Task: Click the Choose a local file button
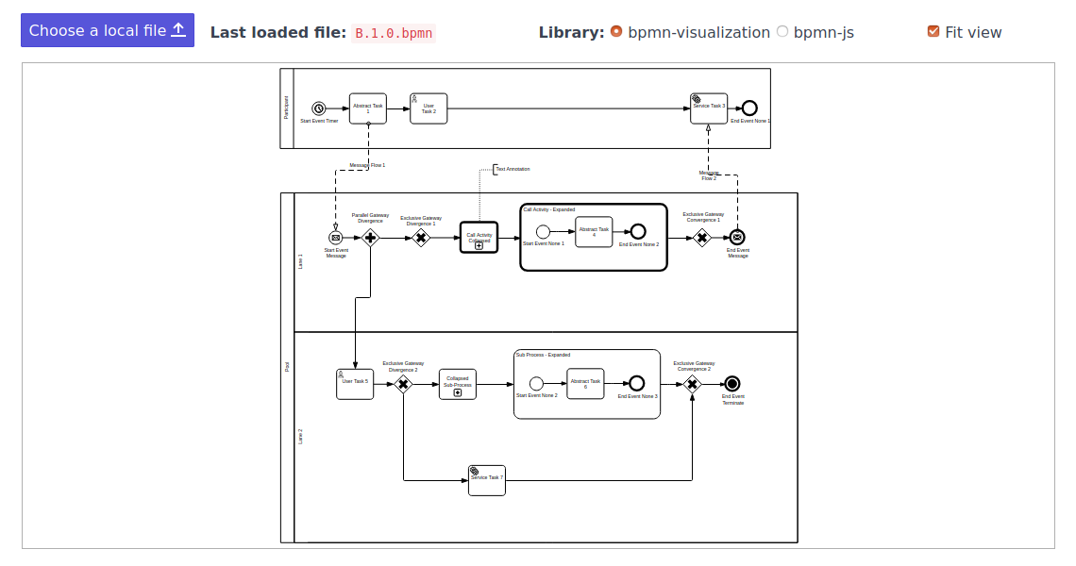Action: point(108,30)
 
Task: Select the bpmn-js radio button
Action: point(782,31)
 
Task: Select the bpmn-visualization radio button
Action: point(616,31)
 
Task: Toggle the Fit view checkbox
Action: point(933,31)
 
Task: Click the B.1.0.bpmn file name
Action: point(394,33)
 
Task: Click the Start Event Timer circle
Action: point(319,108)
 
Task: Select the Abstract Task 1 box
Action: point(368,108)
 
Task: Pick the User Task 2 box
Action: point(429,108)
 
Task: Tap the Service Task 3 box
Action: point(709,108)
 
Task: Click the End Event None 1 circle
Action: point(749,108)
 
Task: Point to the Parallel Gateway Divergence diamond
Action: point(370,238)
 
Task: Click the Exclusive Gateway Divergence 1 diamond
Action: point(421,238)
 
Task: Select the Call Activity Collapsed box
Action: point(479,238)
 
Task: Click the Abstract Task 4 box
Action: point(594,231)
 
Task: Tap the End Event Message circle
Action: point(738,238)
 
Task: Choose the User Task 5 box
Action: point(355,383)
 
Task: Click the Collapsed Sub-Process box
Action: point(458,383)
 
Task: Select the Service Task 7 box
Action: point(487,479)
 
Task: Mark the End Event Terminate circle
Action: point(732,383)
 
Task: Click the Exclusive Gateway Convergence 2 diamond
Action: point(692,383)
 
